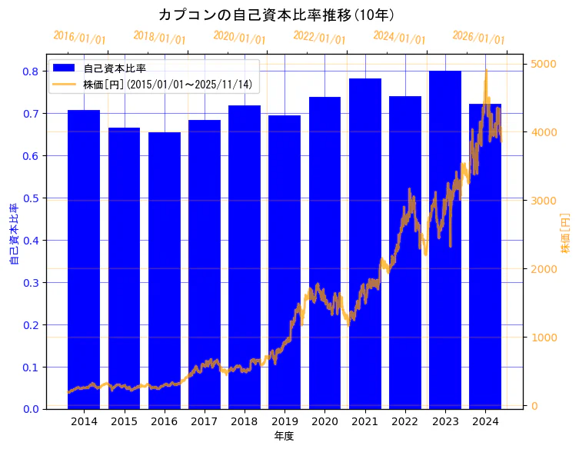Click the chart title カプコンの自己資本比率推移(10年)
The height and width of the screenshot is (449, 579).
click(x=277, y=15)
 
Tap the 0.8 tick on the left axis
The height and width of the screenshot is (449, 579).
click(x=31, y=72)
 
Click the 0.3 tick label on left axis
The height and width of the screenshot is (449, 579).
click(x=31, y=283)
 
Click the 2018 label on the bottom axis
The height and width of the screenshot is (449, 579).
click(x=245, y=421)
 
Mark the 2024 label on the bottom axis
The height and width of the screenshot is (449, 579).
click(x=485, y=421)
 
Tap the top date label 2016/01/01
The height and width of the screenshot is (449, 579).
click(x=80, y=38)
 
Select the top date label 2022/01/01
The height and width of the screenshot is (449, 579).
click(x=320, y=38)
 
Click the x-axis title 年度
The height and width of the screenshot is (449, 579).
click(x=285, y=436)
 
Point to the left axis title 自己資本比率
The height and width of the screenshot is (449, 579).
click(x=13, y=234)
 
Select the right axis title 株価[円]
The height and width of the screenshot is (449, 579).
click(x=565, y=234)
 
